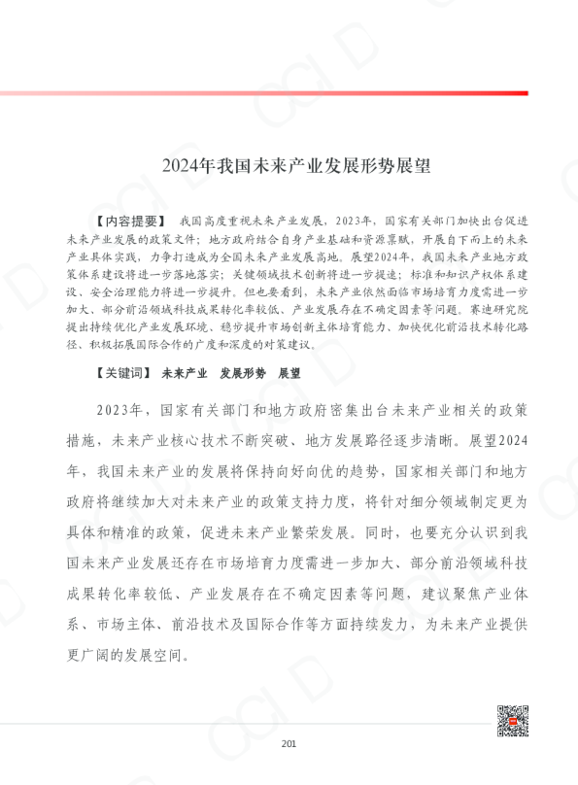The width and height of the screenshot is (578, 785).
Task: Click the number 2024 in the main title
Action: point(179,165)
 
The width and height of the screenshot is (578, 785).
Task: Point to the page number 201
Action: point(289,744)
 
